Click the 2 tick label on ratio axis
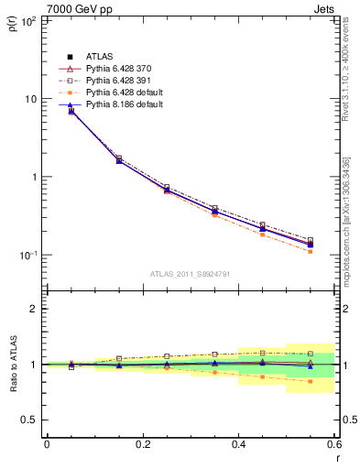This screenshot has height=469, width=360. [33, 309]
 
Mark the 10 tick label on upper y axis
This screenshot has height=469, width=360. [29, 99]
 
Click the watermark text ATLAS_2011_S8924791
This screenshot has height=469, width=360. [190, 274]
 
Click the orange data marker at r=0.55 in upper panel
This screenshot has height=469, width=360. [311, 251]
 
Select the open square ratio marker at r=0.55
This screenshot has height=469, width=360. [311, 354]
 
